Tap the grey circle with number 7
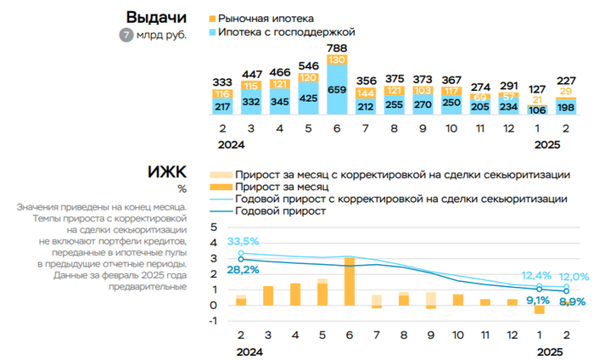click(126, 35)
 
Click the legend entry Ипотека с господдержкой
click(279, 31)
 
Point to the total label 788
click(337, 47)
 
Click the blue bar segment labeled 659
click(337, 88)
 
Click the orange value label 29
click(566, 92)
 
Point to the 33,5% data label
click(244, 241)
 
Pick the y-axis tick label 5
click(213, 227)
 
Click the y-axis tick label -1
click(212, 320)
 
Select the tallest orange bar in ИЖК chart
click(350, 281)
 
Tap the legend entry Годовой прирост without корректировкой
click(280, 211)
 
